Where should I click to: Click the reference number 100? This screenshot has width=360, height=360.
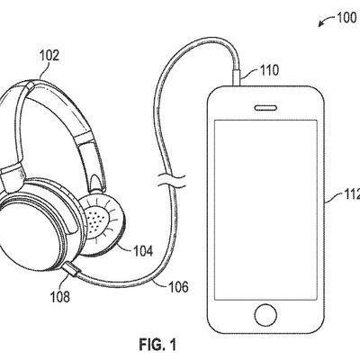(x=346, y=18)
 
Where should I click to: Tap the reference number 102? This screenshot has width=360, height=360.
(x=49, y=56)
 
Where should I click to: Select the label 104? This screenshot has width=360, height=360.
(x=143, y=251)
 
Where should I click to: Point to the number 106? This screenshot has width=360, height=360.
(x=178, y=287)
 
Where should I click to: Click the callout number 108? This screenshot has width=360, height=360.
(x=60, y=297)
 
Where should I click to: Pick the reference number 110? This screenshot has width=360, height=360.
(x=269, y=70)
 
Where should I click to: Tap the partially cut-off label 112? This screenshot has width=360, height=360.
(x=352, y=195)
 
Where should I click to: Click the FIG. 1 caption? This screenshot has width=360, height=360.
(x=157, y=345)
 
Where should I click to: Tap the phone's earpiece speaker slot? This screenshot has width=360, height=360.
(x=265, y=107)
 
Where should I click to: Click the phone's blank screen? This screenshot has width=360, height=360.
(x=265, y=210)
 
